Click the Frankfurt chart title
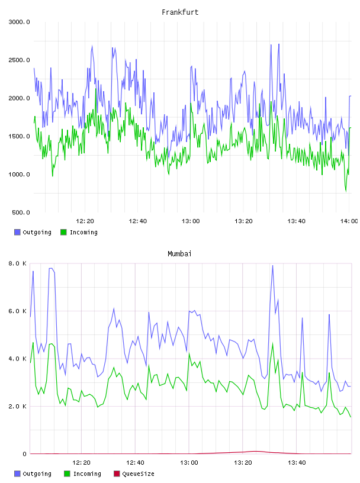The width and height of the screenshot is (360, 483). (x=180, y=12)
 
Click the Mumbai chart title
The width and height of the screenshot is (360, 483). (x=179, y=253)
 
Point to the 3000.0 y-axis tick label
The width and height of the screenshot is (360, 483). (x=19, y=22)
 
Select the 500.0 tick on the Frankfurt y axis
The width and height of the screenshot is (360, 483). (x=21, y=212)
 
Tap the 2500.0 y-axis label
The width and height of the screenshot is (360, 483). (x=19, y=60)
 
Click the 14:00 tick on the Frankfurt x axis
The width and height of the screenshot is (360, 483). (x=349, y=221)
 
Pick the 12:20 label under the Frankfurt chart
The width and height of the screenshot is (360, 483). (x=85, y=221)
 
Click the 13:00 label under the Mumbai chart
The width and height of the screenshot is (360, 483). (x=189, y=462)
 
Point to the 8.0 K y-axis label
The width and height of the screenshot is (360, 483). (x=17, y=263)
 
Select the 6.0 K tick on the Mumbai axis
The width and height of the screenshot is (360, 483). (x=17, y=311)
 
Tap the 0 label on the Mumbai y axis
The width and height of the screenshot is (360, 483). (x=25, y=454)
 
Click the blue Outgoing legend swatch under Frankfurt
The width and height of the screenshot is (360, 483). (x=17, y=232)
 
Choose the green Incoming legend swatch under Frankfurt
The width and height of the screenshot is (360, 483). (x=63, y=232)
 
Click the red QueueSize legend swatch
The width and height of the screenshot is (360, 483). (x=117, y=474)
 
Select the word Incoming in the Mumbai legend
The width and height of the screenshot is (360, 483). (x=87, y=474)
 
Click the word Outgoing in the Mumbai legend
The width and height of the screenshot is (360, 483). (x=37, y=474)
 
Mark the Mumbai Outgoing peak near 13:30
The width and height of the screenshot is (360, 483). (x=272, y=266)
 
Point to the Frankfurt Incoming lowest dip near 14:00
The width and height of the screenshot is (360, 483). (x=346, y=191)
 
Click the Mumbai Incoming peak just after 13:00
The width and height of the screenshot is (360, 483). (x=189, y=353)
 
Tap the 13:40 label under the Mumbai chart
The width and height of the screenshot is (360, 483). (x=297, y=462)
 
